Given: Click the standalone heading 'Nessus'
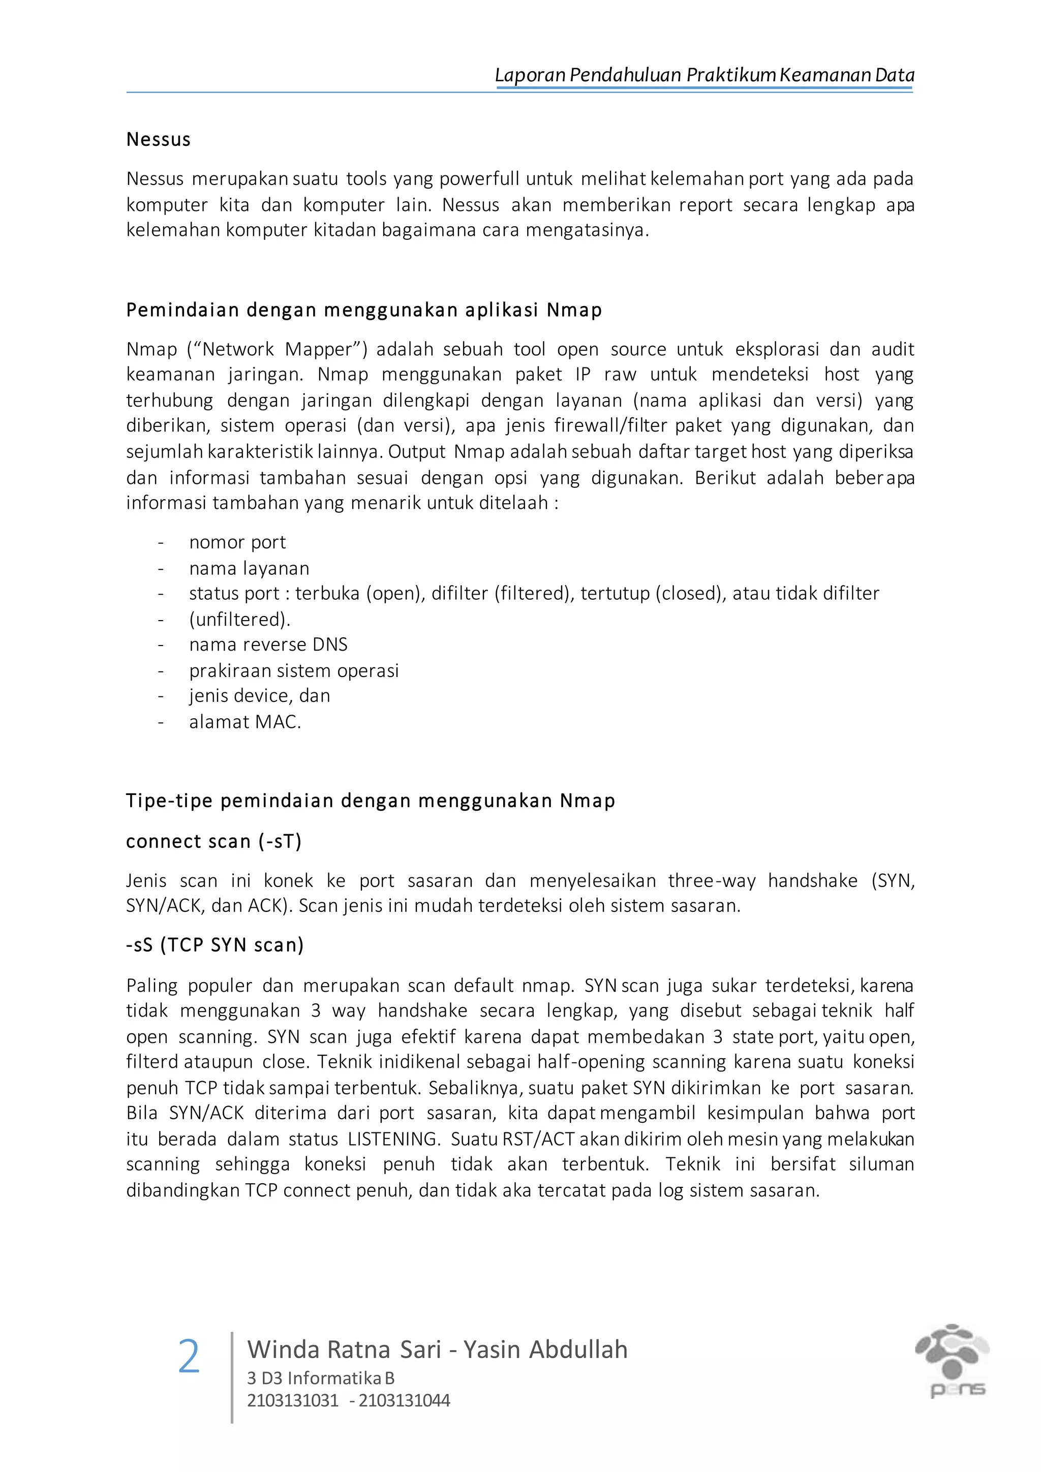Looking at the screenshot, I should (x=158, y=139).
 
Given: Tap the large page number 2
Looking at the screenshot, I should (x=189, y=1357).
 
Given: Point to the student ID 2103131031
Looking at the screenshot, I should (x=293, y=1400).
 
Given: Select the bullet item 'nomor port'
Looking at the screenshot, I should (x=237, y=542).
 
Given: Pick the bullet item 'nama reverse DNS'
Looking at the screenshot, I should (x=268, y=645).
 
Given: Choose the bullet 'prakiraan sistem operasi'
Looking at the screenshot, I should (x=294, y=670).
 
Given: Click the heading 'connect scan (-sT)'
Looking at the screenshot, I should (x=213, y=841).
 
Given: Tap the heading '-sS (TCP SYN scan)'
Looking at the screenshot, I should (x=215, y=945).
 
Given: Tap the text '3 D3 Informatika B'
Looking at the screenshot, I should (x=321, y=1378).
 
